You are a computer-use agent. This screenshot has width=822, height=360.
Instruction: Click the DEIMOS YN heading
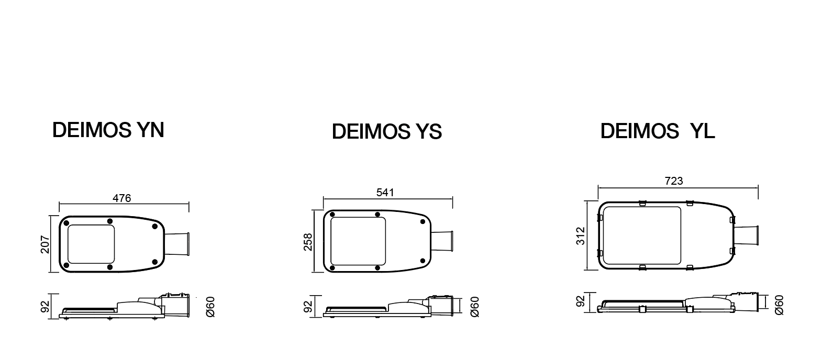(x=108, y=130)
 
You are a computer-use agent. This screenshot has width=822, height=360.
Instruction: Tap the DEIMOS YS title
(x=387, y=132)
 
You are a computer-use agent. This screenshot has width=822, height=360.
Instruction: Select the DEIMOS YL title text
(x=658, y=131)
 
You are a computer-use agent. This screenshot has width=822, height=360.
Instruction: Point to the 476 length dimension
(x=121, y=198)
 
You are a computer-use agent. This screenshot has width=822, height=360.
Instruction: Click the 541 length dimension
(x=385, y=193)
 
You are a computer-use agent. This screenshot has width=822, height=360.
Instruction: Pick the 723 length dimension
(x=674, y=181)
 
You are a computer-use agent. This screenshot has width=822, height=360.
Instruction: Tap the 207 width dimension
(x=45, y=244)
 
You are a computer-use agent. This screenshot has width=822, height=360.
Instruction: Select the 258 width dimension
(x=308, y=242)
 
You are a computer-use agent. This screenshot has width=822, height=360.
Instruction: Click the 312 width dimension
(x=581, y=236)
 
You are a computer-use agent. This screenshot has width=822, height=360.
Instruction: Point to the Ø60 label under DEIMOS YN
(x=210, y=307)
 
